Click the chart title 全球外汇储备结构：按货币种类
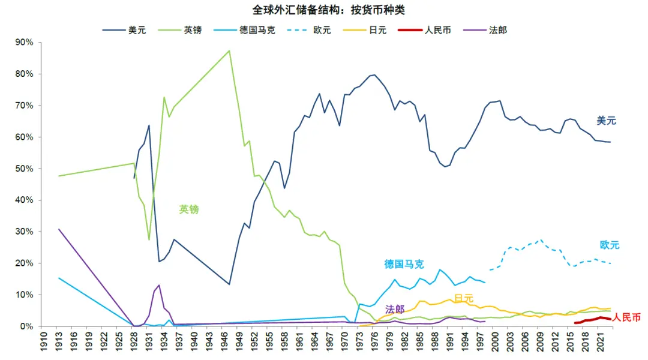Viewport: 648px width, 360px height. pos(324,10)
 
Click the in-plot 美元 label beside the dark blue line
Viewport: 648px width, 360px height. pos(606,121)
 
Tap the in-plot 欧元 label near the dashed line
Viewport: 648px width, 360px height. pos(609,245)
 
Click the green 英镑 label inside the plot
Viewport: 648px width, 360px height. pos(189,209)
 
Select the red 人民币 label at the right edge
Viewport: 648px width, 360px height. pos(626,317)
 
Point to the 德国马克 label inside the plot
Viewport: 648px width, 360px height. pos(404,264)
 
